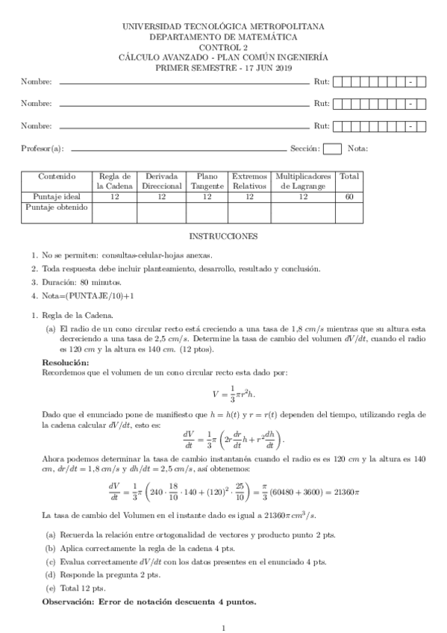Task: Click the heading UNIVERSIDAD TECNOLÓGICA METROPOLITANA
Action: pos(223,26)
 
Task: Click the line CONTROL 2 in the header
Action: pos(223,47)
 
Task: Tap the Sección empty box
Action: pos(333,149)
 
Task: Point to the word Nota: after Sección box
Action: pos(357,149)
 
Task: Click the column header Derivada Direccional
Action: pos(161,181)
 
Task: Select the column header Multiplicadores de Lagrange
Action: pos(303,181)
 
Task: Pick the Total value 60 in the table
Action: pos(348,196)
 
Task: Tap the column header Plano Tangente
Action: pos(202,181)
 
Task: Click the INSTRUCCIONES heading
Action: pos(223,237)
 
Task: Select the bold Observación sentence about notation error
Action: pos(149,602)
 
